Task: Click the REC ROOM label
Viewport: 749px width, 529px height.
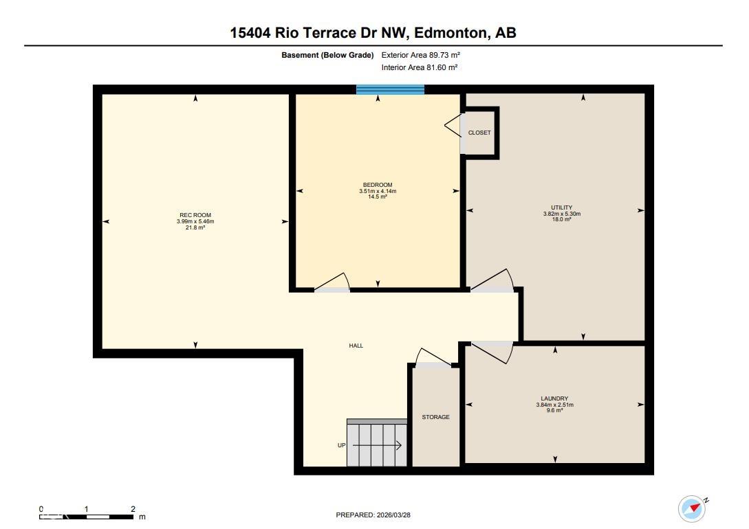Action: pos(195,215)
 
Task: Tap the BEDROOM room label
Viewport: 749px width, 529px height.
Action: pos(378,185)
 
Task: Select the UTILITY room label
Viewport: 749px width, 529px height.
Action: pos(561,207)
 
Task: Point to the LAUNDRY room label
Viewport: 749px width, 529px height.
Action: pos(554,398)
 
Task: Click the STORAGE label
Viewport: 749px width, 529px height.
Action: pos(435,417)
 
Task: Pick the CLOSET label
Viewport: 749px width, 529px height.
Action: pos(479,133)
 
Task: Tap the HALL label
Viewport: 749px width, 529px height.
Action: pos(356,346)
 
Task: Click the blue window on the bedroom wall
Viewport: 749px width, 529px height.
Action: pos(390,89)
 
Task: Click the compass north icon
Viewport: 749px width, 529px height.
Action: pos(692,508)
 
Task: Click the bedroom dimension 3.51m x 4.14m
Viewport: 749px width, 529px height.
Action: pos(378,191)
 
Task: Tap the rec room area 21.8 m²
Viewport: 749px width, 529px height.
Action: pos(195,227)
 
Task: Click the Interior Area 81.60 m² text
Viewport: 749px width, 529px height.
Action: pos(420,67)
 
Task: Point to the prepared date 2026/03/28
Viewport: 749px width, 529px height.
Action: pos(373,515)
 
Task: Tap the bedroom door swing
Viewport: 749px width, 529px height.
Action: pos(334,283)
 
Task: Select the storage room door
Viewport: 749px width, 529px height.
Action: pos(433,359)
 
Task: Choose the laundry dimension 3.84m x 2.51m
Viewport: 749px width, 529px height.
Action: pos(554,405)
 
